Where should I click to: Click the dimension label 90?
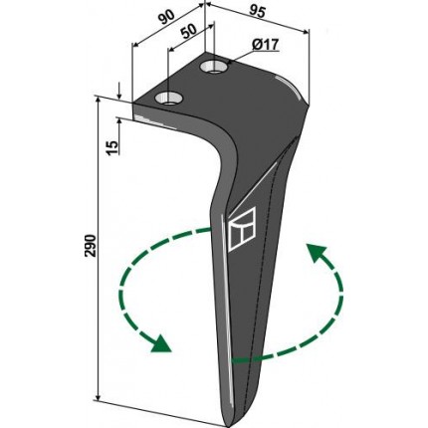coord(166,18)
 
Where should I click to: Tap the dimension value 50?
coord(189,32)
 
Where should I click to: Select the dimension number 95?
coord(257,13)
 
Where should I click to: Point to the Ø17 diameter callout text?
coord(265,45)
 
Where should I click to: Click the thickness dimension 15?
coord(112,147)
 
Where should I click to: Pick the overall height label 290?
coord(91,246)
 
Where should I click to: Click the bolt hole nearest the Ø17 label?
coord(214,67)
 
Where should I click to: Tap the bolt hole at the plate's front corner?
coord(169,100)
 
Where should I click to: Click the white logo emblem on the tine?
coord(242,229)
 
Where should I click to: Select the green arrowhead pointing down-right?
coord(161,344)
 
